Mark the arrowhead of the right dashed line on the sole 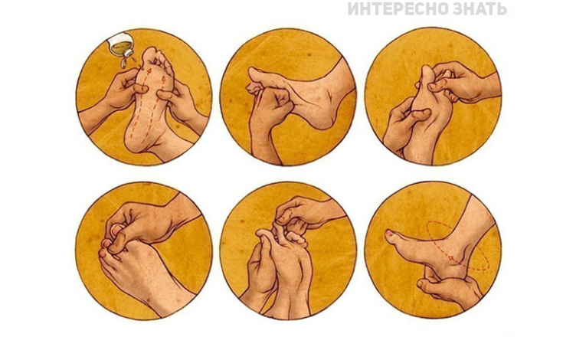(x=164, y=77)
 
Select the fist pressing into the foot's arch (x=273, y=104)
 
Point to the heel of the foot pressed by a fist (x=325, y=119)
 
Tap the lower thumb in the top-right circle (x=420, y=115)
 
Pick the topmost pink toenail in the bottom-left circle (x=115, y=229)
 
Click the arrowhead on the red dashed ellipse (x=450, y=257)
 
